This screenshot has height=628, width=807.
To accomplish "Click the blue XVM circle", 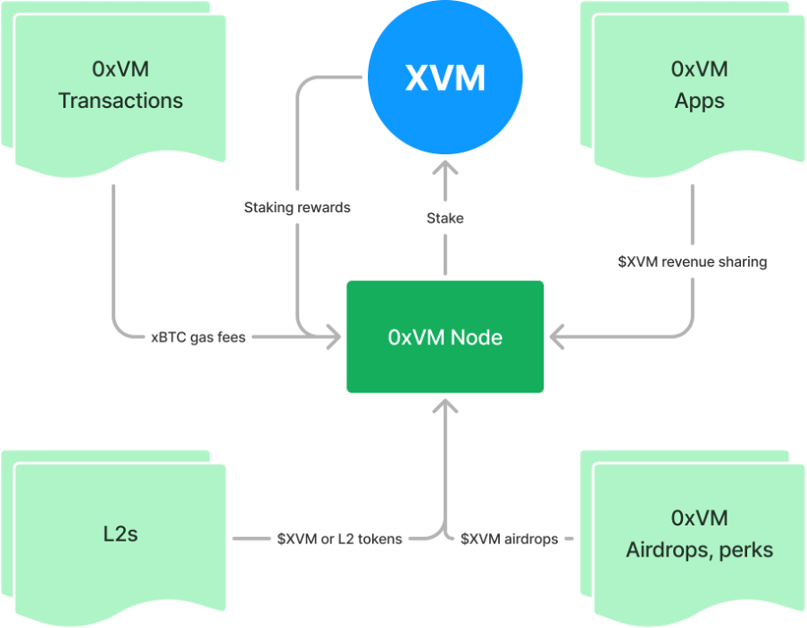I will coord(445,79).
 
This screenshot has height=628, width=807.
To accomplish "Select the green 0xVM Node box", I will coord(445,337).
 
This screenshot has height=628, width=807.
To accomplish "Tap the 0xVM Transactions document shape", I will coord(120,86).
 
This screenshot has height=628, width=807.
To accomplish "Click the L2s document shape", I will coord(120,535).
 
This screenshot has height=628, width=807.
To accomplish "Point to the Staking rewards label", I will coord(297,208).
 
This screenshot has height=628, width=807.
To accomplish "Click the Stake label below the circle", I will coord(445,218).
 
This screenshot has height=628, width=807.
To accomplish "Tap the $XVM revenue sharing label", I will coord(692,262).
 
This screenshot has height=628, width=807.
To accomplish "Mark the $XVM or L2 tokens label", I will coord(339,539).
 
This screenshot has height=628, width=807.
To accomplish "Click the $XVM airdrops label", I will coord(510,539).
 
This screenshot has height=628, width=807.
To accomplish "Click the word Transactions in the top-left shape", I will coord(121,100).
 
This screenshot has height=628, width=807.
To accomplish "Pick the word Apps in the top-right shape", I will coord(700,100).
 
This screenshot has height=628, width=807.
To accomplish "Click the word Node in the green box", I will coord(477,337).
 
